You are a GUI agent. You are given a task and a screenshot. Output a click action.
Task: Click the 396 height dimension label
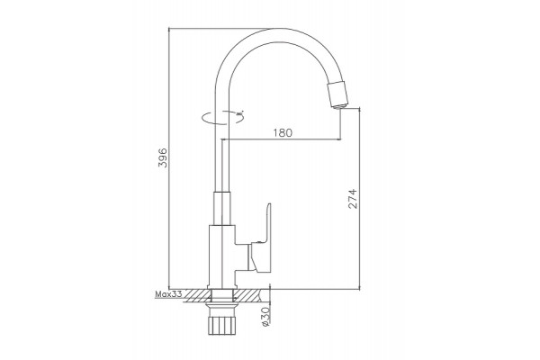point(162,157)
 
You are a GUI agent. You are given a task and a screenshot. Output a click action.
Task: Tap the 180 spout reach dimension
point(283,132)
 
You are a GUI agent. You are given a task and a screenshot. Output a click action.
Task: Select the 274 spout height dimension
point(353,199)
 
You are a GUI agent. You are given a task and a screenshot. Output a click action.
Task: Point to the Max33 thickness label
point(168,294)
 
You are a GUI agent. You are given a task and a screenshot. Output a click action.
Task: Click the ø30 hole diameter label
point(265,317)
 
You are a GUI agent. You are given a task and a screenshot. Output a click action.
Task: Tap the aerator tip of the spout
point(338,94)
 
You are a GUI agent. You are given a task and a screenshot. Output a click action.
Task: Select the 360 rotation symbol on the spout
point(223,117)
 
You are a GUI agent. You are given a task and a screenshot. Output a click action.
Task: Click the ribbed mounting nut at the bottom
point(222,323)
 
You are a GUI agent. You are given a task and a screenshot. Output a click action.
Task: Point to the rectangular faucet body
point(222,256)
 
